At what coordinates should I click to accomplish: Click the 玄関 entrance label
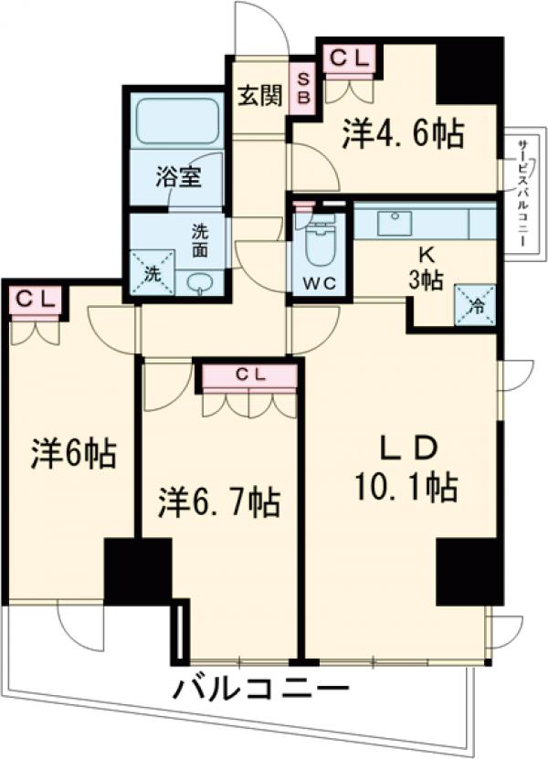click(259, 96)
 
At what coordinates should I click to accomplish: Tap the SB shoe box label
click(303, 88)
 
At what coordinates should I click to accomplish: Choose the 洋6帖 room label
click(73, 454)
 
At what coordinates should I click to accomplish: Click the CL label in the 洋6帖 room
click(36, 299)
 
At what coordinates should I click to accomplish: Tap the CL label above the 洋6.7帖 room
click(248, 374)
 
